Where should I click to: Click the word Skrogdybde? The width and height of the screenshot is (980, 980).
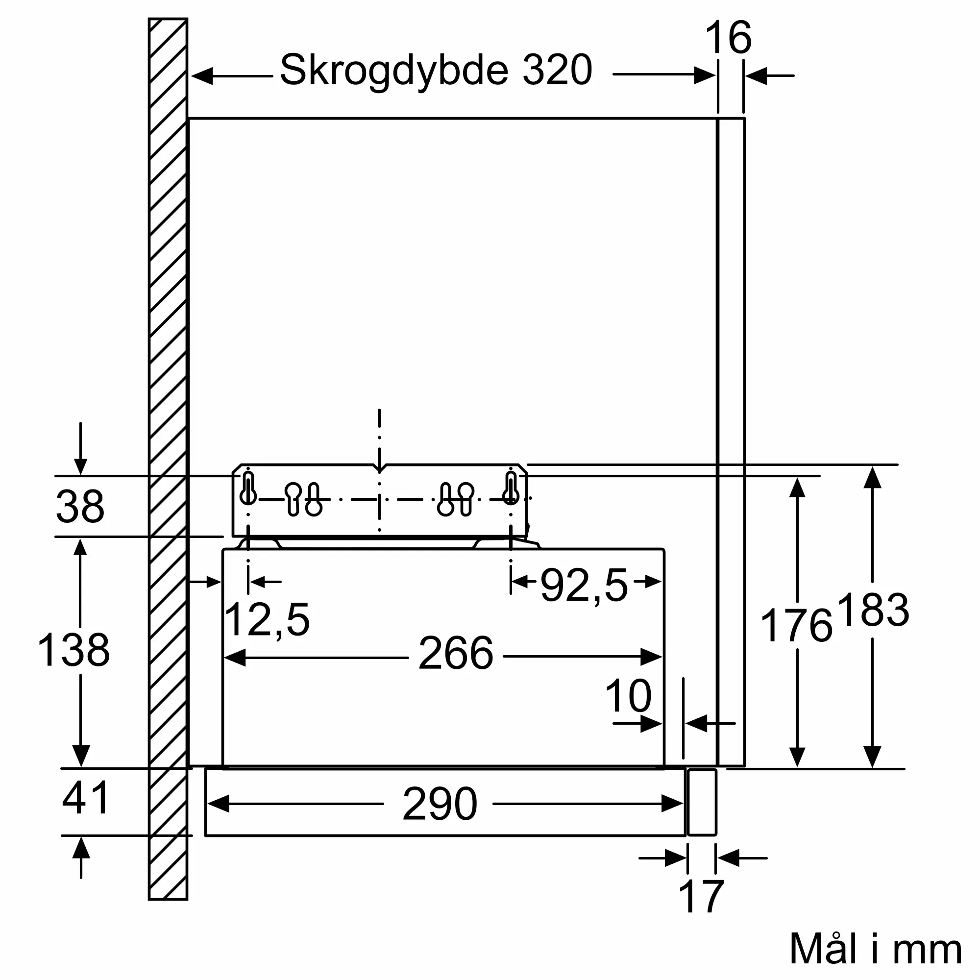pos(394,71)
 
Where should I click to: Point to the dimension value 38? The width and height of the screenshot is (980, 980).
pos(80,506)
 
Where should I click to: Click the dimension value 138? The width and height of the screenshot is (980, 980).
pos(74,650)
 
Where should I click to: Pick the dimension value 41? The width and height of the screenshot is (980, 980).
pos(85,798)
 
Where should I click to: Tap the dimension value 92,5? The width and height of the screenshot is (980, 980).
pos(585,586)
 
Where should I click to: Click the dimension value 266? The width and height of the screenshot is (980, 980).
pos(456,653)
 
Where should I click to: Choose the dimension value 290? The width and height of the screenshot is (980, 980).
pos(440,804)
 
